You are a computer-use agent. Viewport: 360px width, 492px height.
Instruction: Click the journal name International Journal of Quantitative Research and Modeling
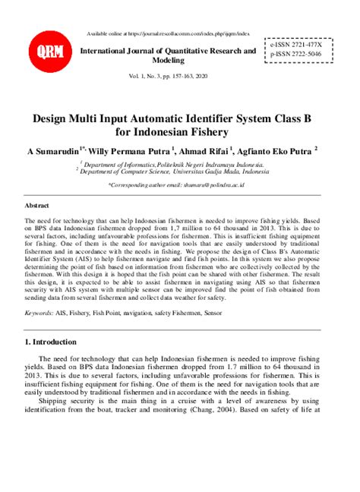coord(169,55)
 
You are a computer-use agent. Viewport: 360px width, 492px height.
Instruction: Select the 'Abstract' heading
coord(36,205)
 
